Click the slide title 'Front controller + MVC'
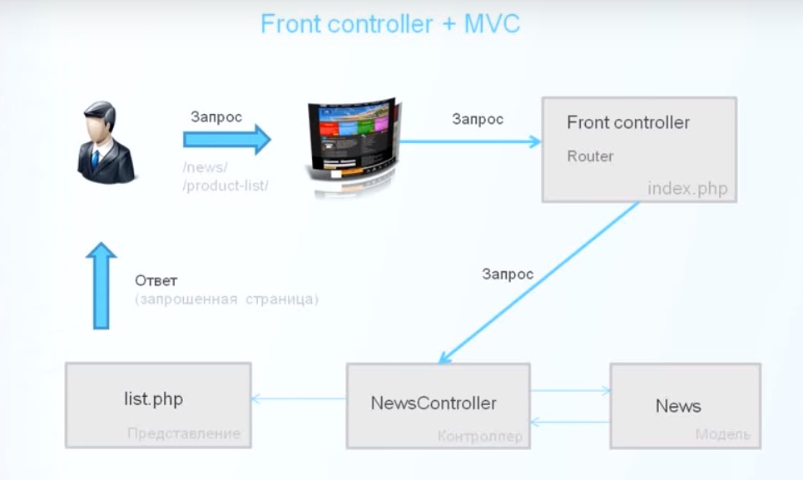(389, 23)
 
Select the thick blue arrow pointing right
(227, 140)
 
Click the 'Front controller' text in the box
(628, 123)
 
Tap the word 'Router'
(590, 156)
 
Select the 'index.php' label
(687, 189)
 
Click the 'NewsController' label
(434, 403)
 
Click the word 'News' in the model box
(678, 406)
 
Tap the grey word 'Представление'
(184, 433)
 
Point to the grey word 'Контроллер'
(480, 436)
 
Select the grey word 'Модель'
(722, 434)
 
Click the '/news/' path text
(205, 168)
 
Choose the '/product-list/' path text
(226, 186)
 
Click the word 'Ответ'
(156, 280)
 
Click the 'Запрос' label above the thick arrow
(216, 116)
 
